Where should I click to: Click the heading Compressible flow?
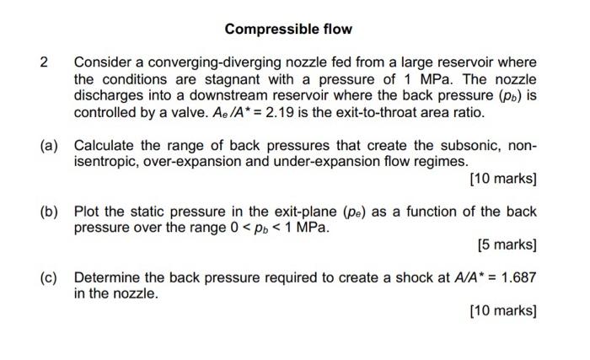(288, 30)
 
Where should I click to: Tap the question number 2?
(46, 62)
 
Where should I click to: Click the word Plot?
(88, 211)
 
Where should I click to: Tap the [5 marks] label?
(507, 244)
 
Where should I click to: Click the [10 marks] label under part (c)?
(503, 310)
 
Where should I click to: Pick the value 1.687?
(517, 277)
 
